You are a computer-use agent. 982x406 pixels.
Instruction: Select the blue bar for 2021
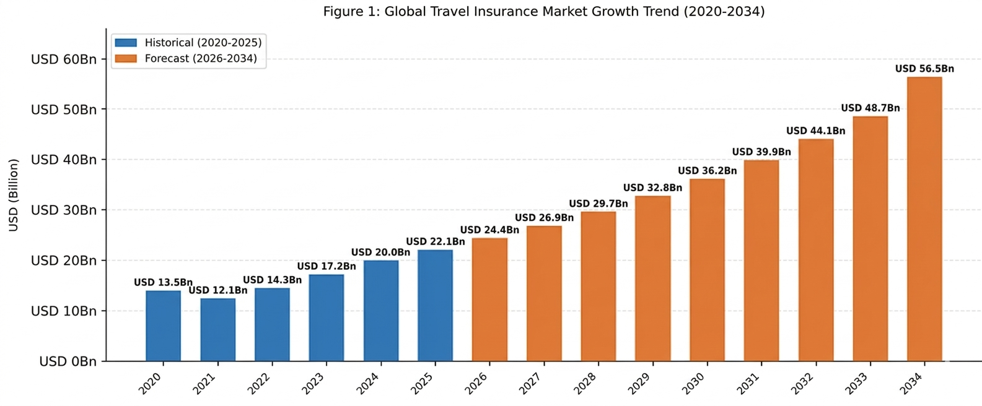pyautogui.click(x=217, y=329)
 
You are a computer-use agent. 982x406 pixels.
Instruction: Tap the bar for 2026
pyautogui.click(x=489, y=299)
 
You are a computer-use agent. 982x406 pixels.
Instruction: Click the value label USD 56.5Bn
pyautogui.click(x=924, y=69)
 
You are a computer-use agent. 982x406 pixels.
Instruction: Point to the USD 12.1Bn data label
pyautogui.click(x=217, y=290)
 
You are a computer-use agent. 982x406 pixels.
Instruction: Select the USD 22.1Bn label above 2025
pyautogui.click(x=435, y=241)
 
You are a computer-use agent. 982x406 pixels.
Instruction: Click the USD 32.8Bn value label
pyautogui.click(x=652, y=188)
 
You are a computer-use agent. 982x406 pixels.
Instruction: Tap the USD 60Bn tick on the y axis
pyautogui.click(x=64, y=59)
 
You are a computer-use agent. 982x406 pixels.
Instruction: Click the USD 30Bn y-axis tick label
pyautogui.click(x=64, y=210)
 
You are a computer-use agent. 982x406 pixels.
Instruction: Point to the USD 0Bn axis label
pyautogui.click(x=68, y=361)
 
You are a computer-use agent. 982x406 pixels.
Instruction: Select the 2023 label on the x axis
pyautogui.click(x=313, y=383)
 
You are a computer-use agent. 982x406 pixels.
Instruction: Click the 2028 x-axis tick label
pyautogui.click(x=585, y=383)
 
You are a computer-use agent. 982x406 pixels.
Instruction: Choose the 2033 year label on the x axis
pyautogui.click(x=857, y=383)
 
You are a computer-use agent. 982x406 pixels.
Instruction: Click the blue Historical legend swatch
pyautogui.click(x=126, y=43)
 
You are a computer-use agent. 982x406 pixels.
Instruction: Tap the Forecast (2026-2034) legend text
pyautogui.click(x=201, y=59)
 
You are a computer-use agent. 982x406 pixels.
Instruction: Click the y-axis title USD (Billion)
pyautogui.click(x=14, y=195)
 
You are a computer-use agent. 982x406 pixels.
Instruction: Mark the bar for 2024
pyautogui.click(x=380, y=310)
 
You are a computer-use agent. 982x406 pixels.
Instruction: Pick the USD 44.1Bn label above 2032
pyautogui.click(x=815, y=131)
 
